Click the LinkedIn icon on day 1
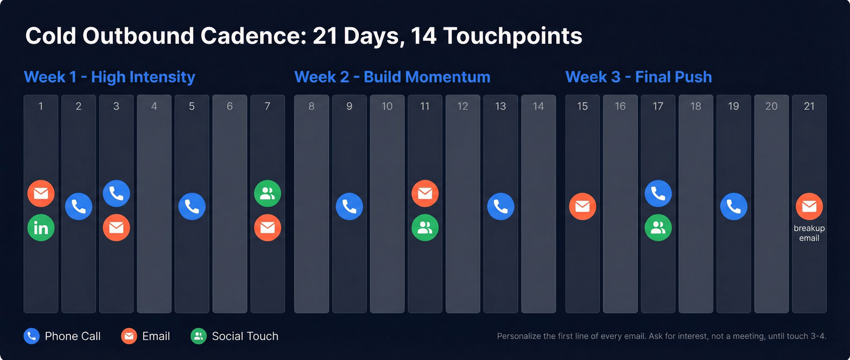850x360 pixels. (41, 228)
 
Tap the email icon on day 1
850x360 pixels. (41, 194)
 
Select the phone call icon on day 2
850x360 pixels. (79, 206)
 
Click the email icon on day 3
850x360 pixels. (117, 228)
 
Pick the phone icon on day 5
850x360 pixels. (192, 206)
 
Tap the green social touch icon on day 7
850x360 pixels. (267, 194)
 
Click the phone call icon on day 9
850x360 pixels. (349, 206)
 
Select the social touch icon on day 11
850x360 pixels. (425, 228)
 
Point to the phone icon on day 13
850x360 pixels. (500, 206)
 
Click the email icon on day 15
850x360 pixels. (582, 206)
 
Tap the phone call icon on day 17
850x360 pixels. (658, 194)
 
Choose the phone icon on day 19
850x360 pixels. (733, 206)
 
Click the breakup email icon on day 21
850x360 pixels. (809, 206)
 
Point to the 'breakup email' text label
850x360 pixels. (809, 233)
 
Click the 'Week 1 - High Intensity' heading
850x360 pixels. (109, 77)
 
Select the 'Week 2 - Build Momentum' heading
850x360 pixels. (392, 77)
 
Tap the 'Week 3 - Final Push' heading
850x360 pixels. (638, 77)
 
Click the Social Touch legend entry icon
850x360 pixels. (199, 336)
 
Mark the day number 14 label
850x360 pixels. (538, 106)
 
